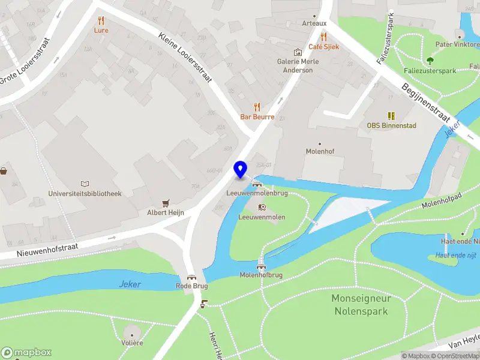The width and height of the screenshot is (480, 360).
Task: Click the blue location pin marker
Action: point(241,169)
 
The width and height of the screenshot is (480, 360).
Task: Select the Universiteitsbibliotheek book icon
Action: point(85,184)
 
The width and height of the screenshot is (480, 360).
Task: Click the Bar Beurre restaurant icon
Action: point(257,107)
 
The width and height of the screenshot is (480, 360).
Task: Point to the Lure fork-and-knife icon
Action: point(101,20)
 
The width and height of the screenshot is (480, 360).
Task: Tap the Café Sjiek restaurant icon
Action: point(324,36)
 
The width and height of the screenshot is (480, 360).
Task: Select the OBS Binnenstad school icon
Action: point(391,116)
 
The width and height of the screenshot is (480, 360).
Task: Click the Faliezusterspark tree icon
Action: point(430,61)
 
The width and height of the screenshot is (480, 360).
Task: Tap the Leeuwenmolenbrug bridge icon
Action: point(257,184)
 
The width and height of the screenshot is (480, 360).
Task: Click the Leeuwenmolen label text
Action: point(262,217)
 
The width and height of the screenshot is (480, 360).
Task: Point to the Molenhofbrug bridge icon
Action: point(261,265)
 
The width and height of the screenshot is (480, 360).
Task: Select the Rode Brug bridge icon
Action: point(191,277)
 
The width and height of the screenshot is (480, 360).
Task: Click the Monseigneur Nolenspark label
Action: point(361,305)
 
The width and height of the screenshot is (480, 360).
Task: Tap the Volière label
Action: point(133,343)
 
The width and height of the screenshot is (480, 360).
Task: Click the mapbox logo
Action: point(26,352)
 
